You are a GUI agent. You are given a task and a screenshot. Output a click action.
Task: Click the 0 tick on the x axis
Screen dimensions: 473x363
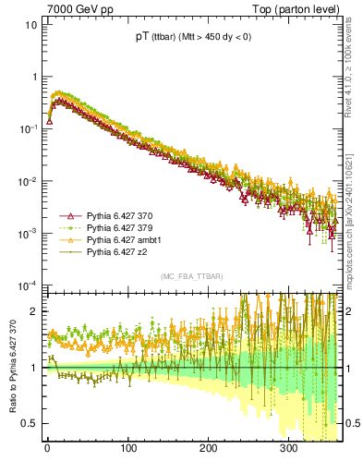click(47, 450)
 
